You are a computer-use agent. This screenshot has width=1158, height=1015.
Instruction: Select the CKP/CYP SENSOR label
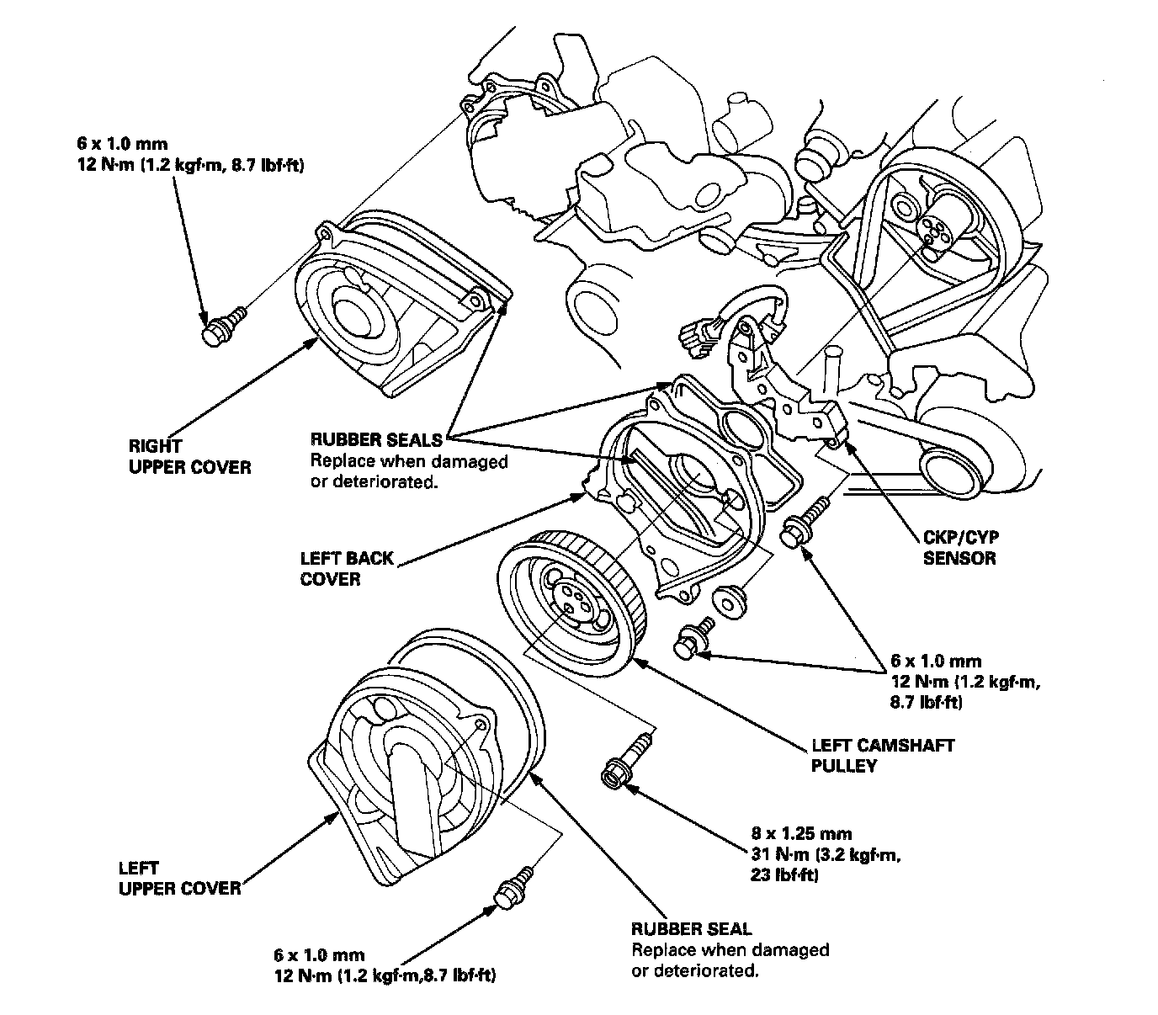[x=959, y=548]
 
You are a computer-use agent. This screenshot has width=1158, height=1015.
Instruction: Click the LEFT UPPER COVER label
[x=179, y=878]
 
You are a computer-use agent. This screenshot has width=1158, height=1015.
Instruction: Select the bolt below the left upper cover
[x=513, y=889]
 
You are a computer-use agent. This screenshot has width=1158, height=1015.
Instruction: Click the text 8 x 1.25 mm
[x=801, y=834]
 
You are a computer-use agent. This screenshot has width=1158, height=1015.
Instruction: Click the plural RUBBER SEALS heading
[x=376, y=438]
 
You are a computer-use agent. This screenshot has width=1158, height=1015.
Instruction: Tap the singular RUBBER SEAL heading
[x=691, y=929]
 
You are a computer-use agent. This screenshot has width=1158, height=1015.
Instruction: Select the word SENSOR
[x=959, y=558]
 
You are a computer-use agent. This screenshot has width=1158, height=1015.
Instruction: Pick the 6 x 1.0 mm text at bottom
[x=319, y=955]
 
